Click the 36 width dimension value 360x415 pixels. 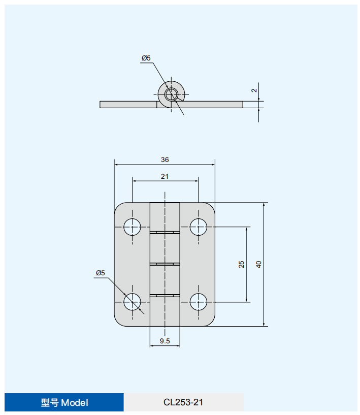point(165,159)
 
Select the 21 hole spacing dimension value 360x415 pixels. point(165,177)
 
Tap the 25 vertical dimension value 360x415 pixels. point(241,265)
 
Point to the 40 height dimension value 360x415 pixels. point(258,265)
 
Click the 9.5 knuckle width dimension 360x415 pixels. point(165,341)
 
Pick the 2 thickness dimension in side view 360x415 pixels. point(254,90)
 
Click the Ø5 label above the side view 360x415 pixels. point(146,58)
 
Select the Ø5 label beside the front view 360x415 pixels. point(101,273)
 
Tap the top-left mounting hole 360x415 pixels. point(132,227)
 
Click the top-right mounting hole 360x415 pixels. point(199,227)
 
